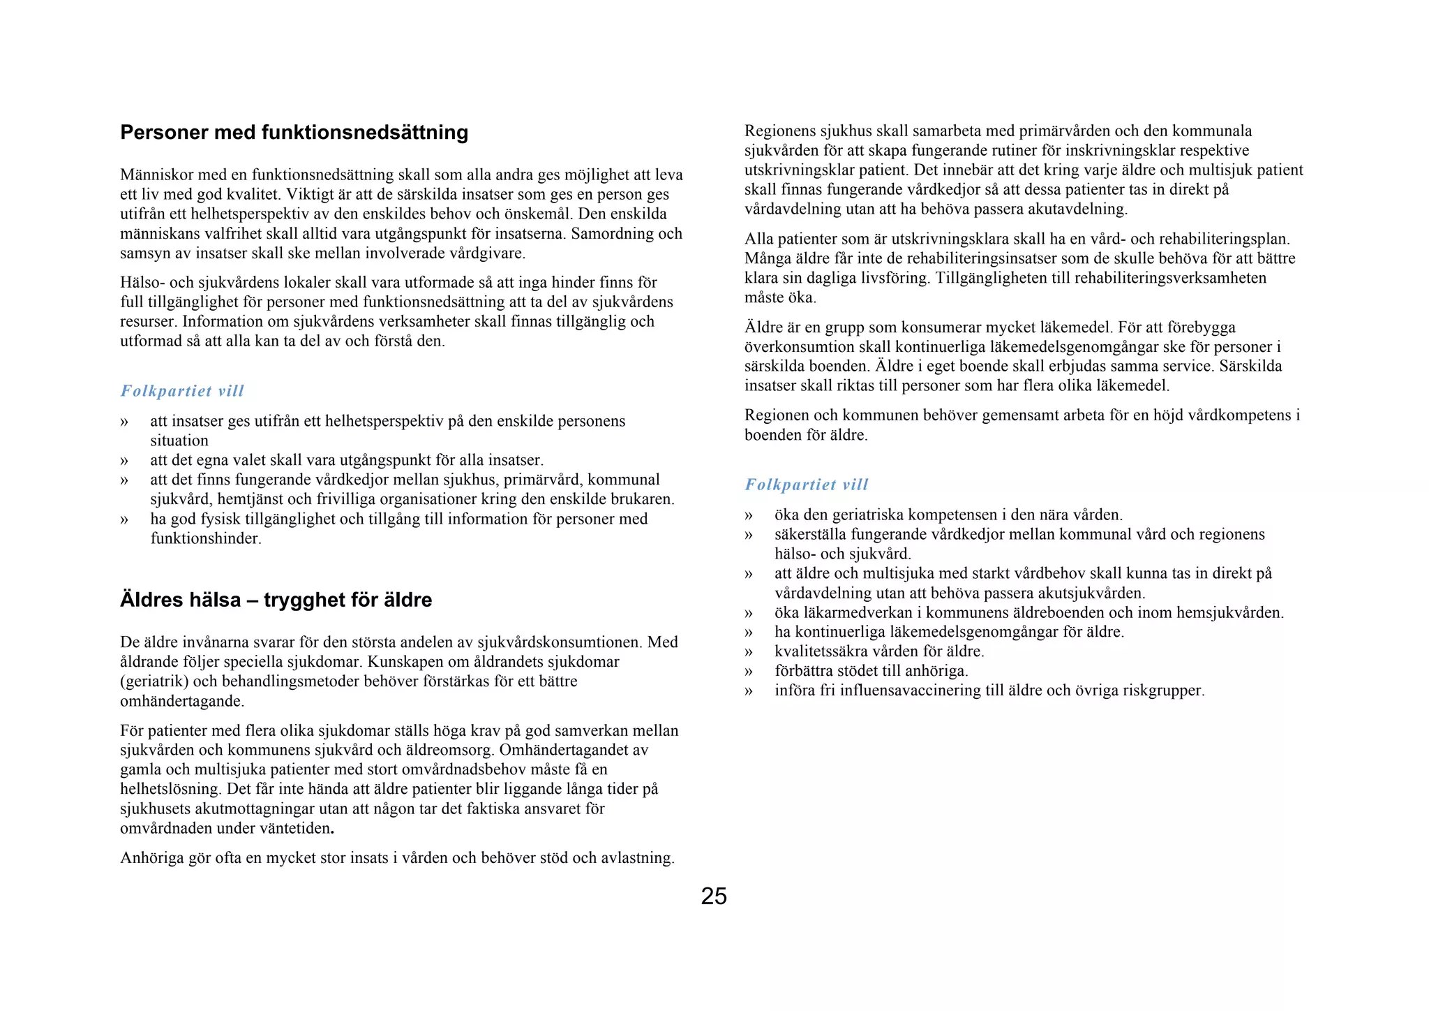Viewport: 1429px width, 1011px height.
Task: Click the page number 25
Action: tap(713, 896)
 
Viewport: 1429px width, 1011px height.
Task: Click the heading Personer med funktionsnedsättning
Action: tap(294, 133)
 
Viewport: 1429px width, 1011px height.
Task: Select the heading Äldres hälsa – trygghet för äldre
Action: tap(276, 600)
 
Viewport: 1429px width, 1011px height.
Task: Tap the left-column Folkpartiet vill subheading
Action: tap(182, 391)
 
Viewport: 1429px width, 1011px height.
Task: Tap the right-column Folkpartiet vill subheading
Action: tap(806, 485)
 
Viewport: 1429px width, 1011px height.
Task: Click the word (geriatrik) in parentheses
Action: tap(154, 681)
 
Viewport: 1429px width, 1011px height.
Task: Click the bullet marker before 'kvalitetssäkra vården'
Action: tap(749, 652)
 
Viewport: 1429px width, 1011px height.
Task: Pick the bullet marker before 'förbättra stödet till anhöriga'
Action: tap(749, 672)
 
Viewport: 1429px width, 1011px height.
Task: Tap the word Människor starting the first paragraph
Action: tap(154, 175)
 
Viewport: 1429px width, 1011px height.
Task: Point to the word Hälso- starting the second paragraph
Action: tap(142, 283)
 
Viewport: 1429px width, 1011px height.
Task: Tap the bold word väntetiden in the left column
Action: tap(296, 829)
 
